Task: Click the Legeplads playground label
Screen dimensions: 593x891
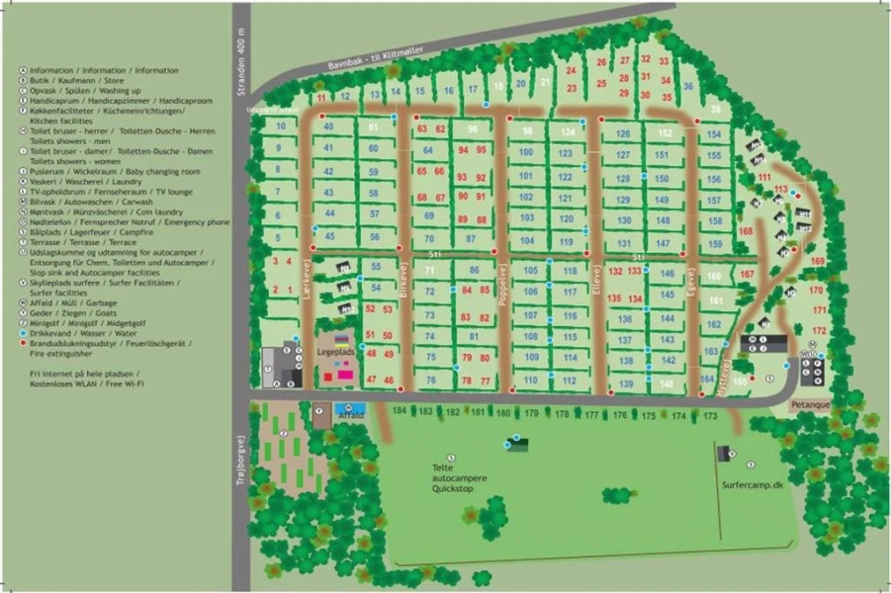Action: (x=334, y=351)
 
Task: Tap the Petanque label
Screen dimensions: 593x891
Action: (x=809, y=405)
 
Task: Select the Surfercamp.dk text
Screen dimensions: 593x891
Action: (x=752, y=485)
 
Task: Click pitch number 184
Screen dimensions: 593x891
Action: (x=400, y=410)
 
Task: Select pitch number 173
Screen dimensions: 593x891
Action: (x=709, y=415)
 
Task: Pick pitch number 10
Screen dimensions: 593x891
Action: (x=282, y=127)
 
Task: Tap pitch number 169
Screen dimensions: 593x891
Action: (x=817, y=261)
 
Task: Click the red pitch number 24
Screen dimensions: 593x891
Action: (x=571, y=70)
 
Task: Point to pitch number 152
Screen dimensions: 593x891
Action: (x=666, y=133)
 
